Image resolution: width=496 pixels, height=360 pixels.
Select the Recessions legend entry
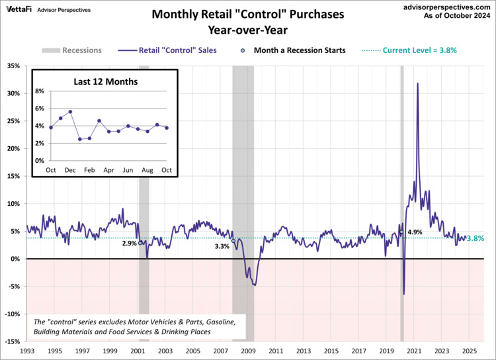[x=72, y=50]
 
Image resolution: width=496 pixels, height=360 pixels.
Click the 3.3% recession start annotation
[x=222, y=246]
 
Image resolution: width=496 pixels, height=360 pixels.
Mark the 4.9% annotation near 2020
[x=415, y=232]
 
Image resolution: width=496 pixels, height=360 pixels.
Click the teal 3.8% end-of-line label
[x=475, y=238]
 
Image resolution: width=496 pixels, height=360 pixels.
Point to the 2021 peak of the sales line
[x=417, y=83]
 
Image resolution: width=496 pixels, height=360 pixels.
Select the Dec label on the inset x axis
[x=70, y=170]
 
